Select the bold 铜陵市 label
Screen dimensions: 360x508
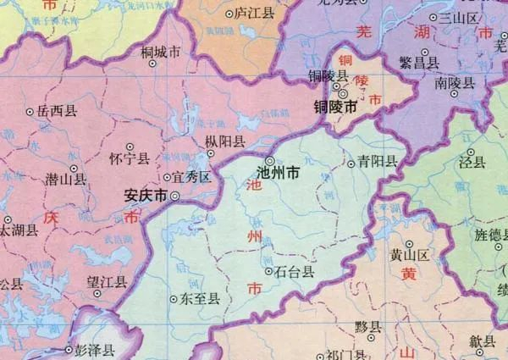tap(334, 108)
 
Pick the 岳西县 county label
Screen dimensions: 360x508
tap(57, 110)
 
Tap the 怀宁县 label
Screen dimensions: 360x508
tap(130, 158)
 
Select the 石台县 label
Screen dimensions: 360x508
tap(295, 272)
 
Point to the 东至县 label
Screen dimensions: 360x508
tap(201, 298)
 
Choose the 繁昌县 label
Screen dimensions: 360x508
tap(420, 62)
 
